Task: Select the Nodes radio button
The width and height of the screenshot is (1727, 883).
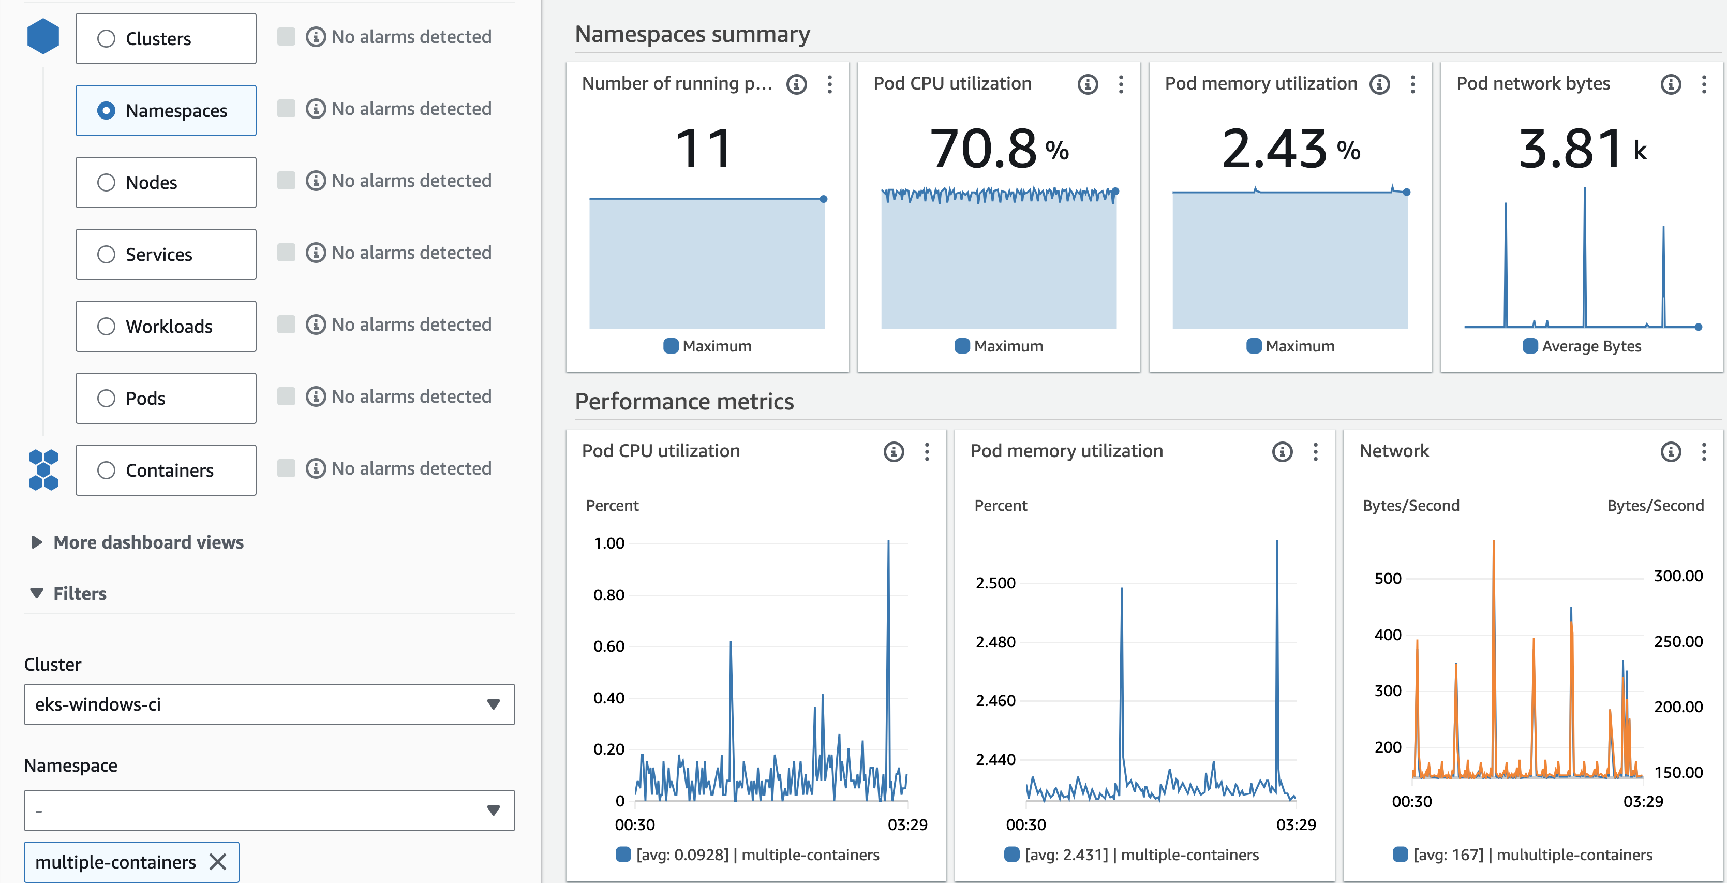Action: click(x=107, y=182)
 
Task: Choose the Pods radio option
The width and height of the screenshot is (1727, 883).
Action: click(x=107, y=398)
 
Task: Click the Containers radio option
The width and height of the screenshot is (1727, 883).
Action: click(x=107, y=470)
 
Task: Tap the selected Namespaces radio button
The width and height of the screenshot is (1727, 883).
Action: click(x=107, y=111)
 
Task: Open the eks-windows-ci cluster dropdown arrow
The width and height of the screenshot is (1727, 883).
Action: click(x=494, y=704)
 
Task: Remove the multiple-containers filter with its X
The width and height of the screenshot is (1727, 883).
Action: click(x=218, y=862)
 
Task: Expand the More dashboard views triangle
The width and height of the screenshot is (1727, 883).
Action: click(x=37, y=542)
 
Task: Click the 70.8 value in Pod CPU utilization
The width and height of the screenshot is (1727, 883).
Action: click(x=984, y=149)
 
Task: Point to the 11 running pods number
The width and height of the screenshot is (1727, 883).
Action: click(x=703, y=149)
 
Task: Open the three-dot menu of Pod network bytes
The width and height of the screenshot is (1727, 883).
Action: click(x=1704, y=84)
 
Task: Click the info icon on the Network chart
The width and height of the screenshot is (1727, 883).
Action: click(x=1671, y=451)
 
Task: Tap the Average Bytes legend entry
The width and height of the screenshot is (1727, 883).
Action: click(x=1582, y=346)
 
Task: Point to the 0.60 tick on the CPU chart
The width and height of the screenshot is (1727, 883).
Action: click(x=609, y=646)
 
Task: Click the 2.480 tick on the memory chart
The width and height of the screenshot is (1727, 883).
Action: click(x=995, y=642)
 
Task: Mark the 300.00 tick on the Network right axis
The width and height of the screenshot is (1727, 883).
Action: click(x=1678, y=576)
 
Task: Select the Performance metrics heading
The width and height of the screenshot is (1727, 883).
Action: click(x=684, y=402)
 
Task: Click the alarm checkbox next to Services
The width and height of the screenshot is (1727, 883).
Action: click(x=286, y=252)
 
